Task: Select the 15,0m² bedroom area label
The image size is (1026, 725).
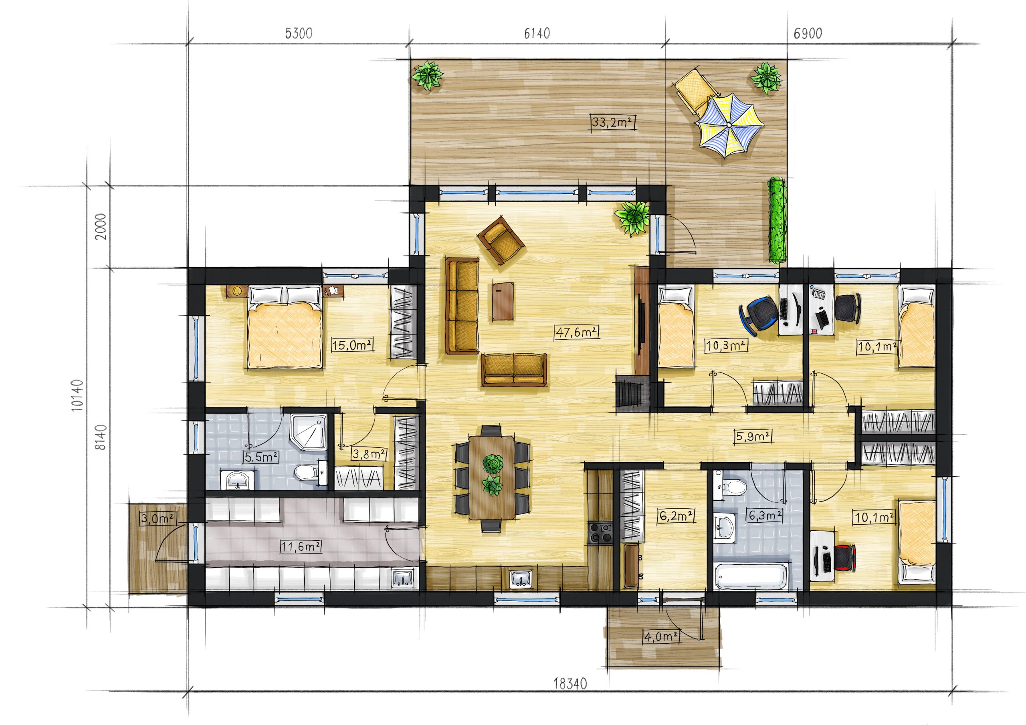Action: click(x=353, y=345)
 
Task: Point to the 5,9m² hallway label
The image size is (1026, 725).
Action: click(x=754, y=436)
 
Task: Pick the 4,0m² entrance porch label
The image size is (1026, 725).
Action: click(x=662, y=636)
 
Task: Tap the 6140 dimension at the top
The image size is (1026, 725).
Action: click(x=537, y=33)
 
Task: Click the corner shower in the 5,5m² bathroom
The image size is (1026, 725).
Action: click(x=309, y=431)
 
